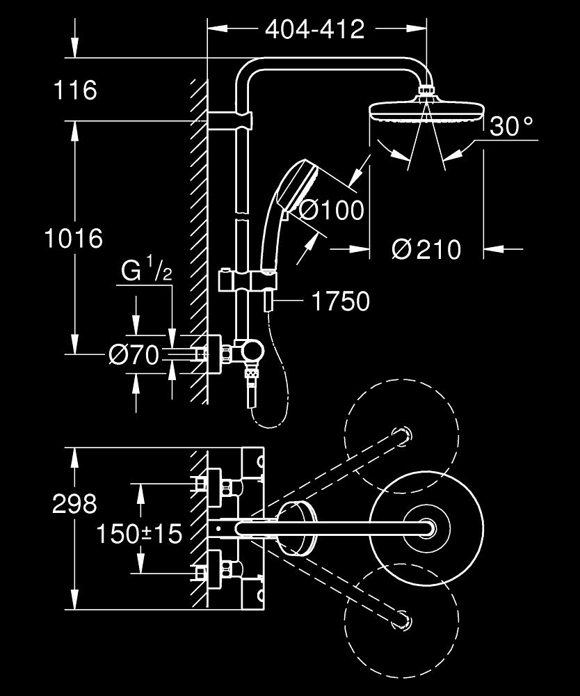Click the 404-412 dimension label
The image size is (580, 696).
point(315,29)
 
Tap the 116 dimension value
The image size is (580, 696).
point(76,90)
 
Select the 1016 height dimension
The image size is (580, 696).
point(73,239)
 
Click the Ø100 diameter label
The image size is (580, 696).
point(332,209)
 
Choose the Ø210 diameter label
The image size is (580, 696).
point(426,248)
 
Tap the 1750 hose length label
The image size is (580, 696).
point(339,301)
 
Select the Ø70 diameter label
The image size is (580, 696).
point(134,356)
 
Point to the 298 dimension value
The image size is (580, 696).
point(74,504)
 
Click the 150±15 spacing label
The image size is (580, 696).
point(139,534)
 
